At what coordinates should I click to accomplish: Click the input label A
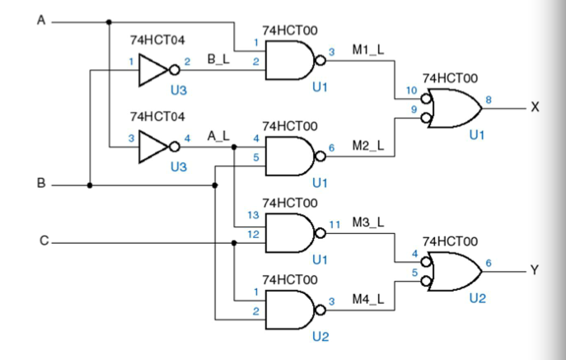(40, 21)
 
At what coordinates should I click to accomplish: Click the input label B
(40, 184)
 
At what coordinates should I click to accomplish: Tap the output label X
(535, 107)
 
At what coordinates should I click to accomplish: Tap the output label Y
(535, 269)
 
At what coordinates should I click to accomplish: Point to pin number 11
(334, 223)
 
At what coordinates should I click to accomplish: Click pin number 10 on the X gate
(410, 90)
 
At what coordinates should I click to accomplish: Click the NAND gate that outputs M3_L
(291, 233)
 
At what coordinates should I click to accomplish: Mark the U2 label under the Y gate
(477, 298)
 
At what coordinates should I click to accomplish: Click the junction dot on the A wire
(109, 21)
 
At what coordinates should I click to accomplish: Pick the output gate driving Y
(451, 270)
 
